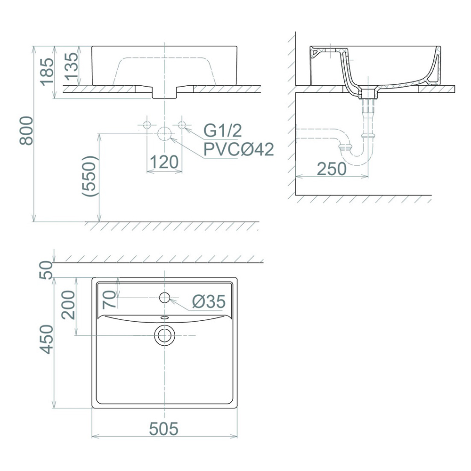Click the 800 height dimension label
[x=26, y=131]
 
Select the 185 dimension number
[x=48, y=72]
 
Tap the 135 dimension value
[x=72, y=66]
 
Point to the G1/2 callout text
[x=223, y=130]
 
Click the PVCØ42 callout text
[x=239, y=149]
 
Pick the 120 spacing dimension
[x=164, y=162]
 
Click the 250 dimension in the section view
[x=332, y=169]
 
